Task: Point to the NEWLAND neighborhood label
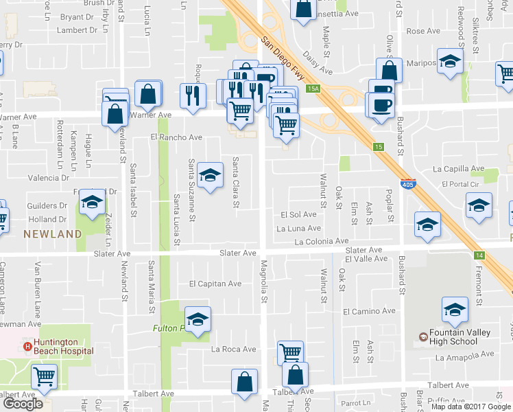click(x=53, y=234)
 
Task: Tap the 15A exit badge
click(x=313, y=89)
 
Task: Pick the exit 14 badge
click(x=478, y=255)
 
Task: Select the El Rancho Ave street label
click(x=177, y=137)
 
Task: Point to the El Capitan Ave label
click(x=215, y=284)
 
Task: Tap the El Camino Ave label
click(x=370, y=311)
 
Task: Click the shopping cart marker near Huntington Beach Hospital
click(x=45, y=375)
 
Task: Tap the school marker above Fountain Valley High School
click(x=455, y=310)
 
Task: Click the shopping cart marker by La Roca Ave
click(x=291, y=352)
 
